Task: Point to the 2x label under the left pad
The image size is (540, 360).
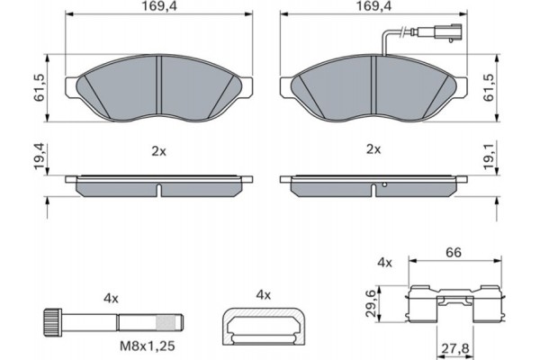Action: pyautogui.click(x=159, y=150)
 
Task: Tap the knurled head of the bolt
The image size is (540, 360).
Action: pyautogui.click(x=52, y=319)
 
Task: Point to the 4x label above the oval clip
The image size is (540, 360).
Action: pyautogui.click(x=264, y=293)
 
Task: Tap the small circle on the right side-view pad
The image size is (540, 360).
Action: pyautogui.click(x=384, y=186)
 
